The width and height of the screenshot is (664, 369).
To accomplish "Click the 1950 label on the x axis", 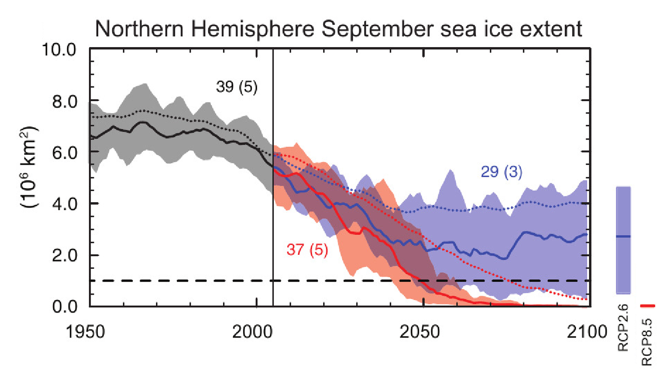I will pos(90,332).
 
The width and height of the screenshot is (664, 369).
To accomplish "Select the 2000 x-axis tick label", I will pos(257,332).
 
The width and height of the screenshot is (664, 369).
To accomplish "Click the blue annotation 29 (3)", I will pos(505,172).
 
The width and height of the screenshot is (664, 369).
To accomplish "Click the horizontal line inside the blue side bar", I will pos(624,236).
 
